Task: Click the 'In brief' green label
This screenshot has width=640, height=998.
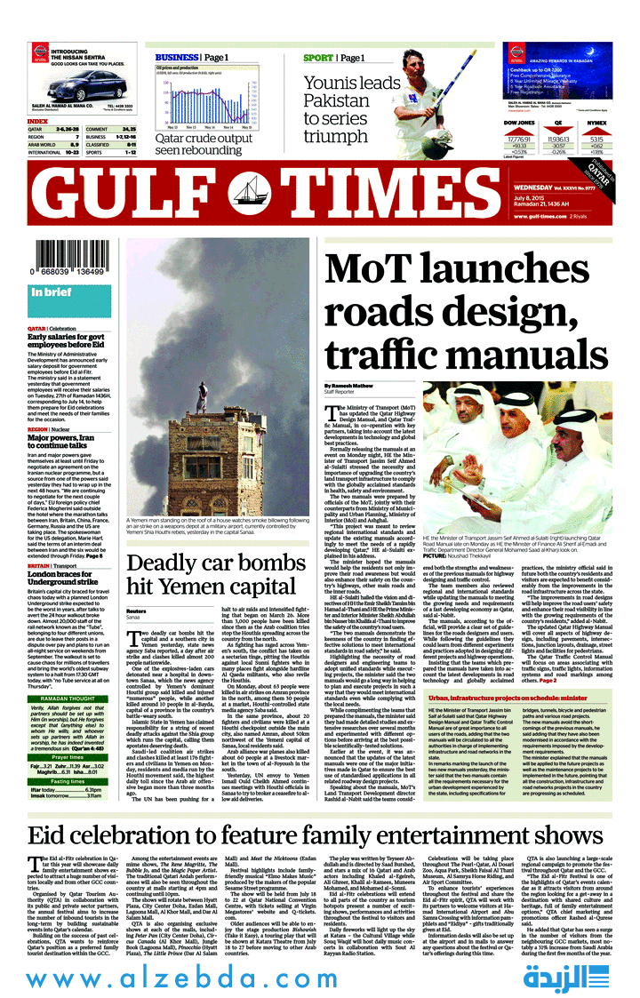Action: [52, 291]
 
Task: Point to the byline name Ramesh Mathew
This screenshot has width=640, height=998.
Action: [350, 385]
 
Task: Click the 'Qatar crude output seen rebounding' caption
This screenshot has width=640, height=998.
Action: [204, 144]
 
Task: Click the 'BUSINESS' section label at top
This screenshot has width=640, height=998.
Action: [175, 58]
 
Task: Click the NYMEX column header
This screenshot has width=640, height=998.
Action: [597, 122]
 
